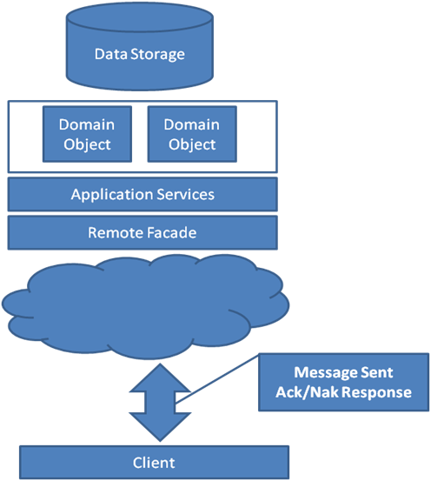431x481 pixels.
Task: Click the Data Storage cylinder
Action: [x=140, y=47]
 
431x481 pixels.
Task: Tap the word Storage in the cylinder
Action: [x=158, y=55]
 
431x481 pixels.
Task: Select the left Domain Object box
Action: [x=88, y=134]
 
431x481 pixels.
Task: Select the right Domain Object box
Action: [x=192, y=134]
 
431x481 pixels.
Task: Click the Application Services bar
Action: [x=143, y=194]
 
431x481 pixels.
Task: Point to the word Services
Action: [x=185, y=195]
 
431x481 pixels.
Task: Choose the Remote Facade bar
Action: [x=143, y=232]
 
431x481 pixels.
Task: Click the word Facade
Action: [x=171, y=232]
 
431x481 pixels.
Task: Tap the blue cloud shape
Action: [x=146, y=307]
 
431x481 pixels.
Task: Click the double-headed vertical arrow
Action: [x=160, y=403]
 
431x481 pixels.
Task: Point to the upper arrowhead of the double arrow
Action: [x=160, y=377]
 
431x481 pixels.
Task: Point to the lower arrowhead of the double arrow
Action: [x=160, y=427]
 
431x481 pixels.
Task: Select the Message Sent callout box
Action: [x=343, y=382]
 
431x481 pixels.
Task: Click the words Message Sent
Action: [x=343, y=372]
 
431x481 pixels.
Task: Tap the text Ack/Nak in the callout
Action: [x=307, y=392]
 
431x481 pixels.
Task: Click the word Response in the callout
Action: [x=376, y=392]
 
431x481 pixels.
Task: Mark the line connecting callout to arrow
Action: [x=217, y=378]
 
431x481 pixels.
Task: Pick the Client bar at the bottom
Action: [x=154, y=462]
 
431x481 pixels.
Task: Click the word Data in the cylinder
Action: [x=111, y=54]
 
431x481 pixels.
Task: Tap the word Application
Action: [x=112, y=195]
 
